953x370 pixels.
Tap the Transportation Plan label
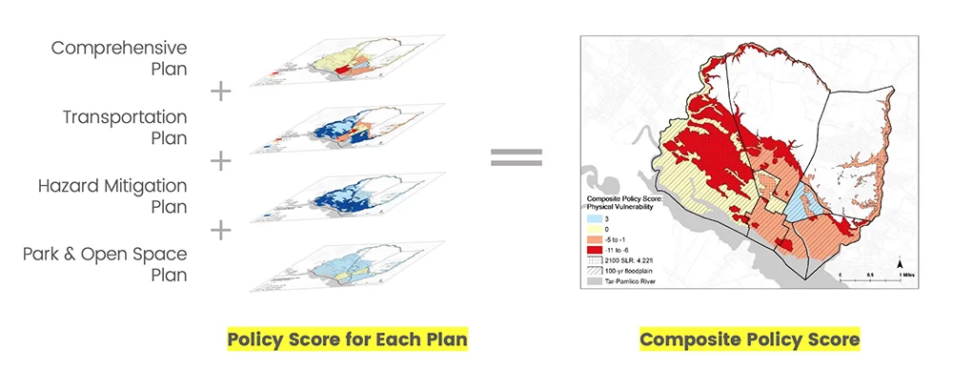125,127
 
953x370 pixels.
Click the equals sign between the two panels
516,157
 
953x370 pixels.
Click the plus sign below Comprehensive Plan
220,92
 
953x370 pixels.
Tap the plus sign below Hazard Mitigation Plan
220,230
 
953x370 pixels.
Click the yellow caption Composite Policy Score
749,339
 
